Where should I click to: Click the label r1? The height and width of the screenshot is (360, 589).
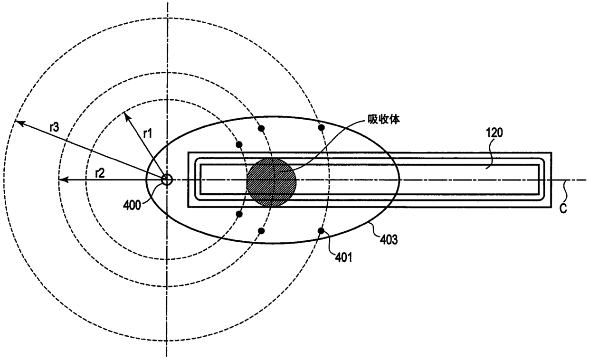(148, 133)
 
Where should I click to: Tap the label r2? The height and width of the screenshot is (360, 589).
(100, 173)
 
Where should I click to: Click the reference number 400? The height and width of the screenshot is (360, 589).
(132, 205)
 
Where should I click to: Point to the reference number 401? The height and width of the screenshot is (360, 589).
(343, 258)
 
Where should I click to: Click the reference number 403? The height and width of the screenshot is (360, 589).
(389, 239)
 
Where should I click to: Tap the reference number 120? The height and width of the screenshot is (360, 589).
(494, 133)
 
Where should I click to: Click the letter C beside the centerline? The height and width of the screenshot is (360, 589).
(563, 208)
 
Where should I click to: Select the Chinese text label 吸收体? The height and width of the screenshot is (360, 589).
(384, 120)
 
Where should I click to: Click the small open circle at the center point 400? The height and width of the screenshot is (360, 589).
(167, 180)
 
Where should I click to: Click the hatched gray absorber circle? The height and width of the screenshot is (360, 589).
(271, 182)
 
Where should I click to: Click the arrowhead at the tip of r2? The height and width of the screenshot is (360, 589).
(62, 180)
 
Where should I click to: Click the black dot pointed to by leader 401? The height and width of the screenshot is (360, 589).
(321, 231)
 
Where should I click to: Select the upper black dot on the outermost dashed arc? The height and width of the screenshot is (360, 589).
(321, 128)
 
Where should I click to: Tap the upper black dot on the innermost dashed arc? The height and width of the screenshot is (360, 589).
(239, 144)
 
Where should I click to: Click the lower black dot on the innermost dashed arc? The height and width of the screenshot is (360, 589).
(239, 214)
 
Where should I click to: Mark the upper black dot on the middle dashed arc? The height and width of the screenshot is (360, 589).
(261, 128)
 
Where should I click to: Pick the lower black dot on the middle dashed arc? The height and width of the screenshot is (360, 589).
(261, 231)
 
